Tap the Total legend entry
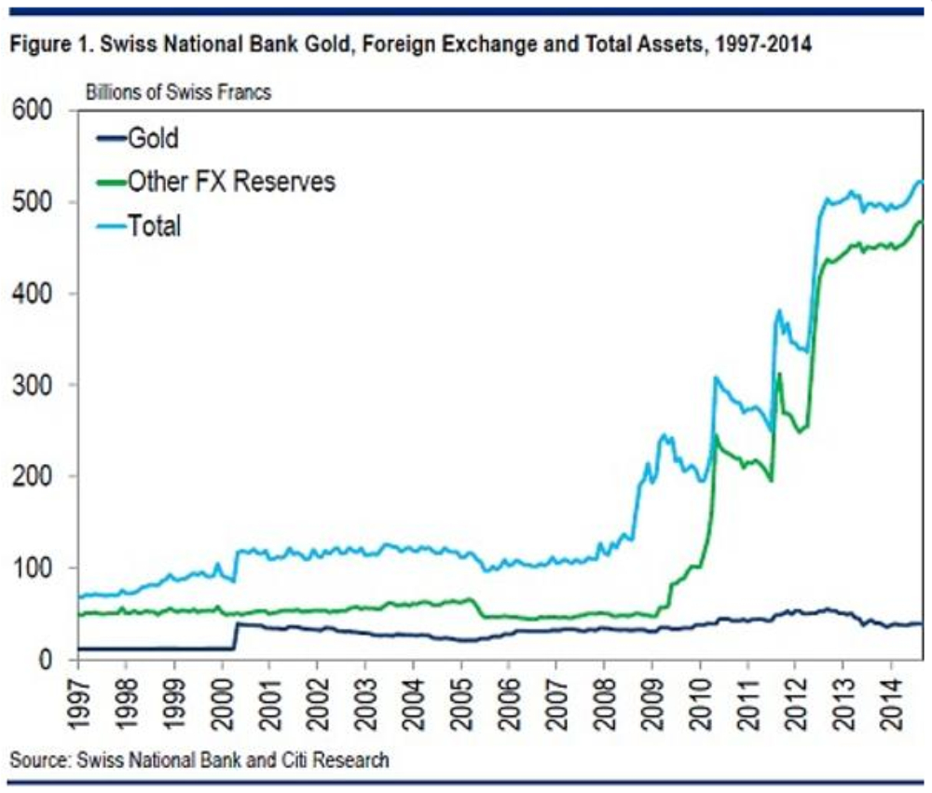coord(154,225)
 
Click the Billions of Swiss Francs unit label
coord(179,92)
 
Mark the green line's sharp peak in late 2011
coord(779,374)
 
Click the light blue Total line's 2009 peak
coord(664,435)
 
